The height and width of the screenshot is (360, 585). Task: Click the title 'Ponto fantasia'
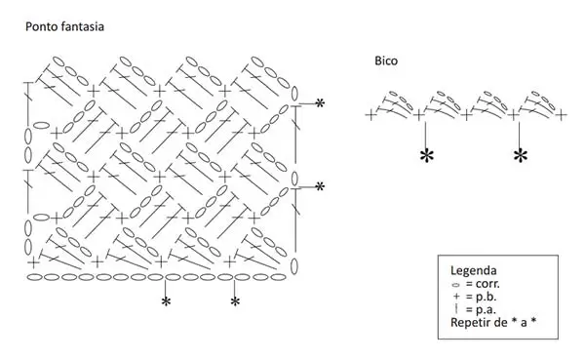[64, 27]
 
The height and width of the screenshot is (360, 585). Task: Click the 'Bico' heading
[386, 60]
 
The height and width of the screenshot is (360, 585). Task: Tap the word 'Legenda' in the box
[474, 270]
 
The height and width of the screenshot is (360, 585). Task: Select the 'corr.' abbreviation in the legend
[487, 284]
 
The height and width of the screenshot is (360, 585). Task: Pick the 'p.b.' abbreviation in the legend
[487, 297]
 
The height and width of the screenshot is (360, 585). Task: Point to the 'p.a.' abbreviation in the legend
[487, 309]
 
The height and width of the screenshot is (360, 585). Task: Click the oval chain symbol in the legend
[455, 285]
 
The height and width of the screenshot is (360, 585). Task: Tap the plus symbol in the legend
[456, 297]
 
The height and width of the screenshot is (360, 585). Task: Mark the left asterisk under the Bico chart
[427, 156]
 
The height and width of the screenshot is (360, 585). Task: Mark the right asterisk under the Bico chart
[521, 156]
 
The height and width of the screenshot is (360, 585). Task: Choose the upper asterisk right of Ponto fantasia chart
[320, 103]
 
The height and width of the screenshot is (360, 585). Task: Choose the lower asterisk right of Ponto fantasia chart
[320, 186]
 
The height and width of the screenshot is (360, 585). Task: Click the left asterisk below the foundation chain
[166, 301]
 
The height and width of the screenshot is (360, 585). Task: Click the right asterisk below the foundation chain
[235, 301]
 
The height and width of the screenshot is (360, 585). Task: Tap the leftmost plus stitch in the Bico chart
[370, 115]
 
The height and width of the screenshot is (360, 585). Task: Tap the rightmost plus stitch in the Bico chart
[562, 115]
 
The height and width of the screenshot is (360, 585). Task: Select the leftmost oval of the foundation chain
[35, 277]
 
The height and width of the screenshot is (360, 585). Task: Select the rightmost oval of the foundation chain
[277, 277]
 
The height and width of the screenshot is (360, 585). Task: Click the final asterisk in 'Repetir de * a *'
[533, 321]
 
